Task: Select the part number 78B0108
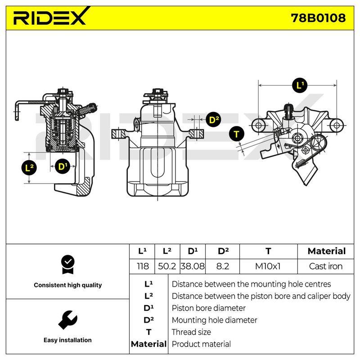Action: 318,18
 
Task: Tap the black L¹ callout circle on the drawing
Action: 300,85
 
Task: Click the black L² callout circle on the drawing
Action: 29,167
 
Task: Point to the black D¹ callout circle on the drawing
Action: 63,166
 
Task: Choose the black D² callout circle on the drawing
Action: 214,120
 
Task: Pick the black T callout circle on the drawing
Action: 237,134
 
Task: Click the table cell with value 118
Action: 142,266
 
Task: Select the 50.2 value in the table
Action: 167,266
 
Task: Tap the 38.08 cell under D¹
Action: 193,266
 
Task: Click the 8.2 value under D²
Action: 222,266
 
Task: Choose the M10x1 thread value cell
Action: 268,266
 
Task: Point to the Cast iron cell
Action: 326,266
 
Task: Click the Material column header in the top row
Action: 327,251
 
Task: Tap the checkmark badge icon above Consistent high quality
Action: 68,265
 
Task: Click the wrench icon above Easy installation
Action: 68,320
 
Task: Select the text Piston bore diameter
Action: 208,308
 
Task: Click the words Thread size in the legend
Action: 191,332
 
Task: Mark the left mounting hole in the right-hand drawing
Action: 258,126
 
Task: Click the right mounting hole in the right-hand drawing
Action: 336,126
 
